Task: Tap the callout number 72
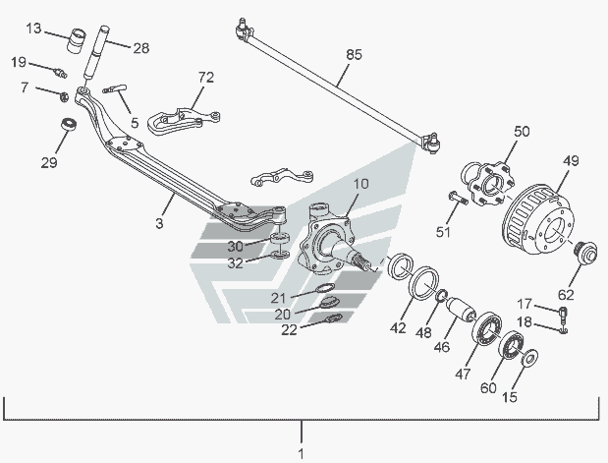[204, 77]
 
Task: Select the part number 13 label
[34, 29]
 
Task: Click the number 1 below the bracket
[302, 453]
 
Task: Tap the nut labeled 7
[62, 95]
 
